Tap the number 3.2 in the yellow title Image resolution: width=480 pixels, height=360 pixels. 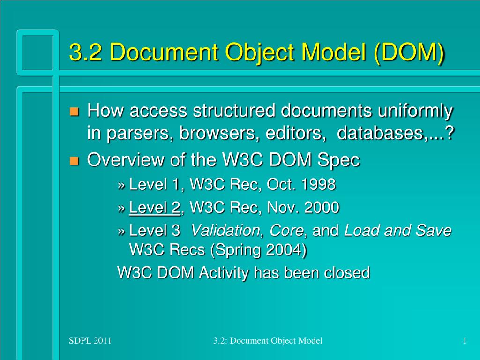[x=86, y=52]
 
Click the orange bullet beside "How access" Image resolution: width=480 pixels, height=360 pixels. [x=74, y=112]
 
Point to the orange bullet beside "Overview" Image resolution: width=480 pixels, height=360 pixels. [x=74, y=161]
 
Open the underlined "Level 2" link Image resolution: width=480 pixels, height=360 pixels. [x=155, y=207]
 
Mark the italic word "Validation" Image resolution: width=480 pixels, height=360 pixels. [x=225, y=230]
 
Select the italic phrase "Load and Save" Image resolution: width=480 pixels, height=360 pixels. [x=398, y=230]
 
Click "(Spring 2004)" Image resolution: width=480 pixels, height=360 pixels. [x=258, y=250]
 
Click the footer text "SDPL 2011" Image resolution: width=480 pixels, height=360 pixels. [x=90, y=341]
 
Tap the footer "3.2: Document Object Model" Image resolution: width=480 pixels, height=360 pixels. [x=267, y=341]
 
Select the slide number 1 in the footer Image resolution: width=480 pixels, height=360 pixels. [x=465, y=341]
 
